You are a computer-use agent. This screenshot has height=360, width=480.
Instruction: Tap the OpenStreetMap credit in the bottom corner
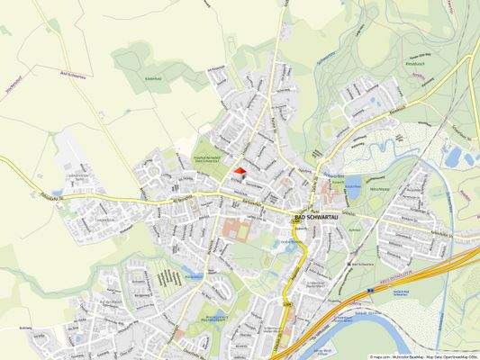coord(450,355)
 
